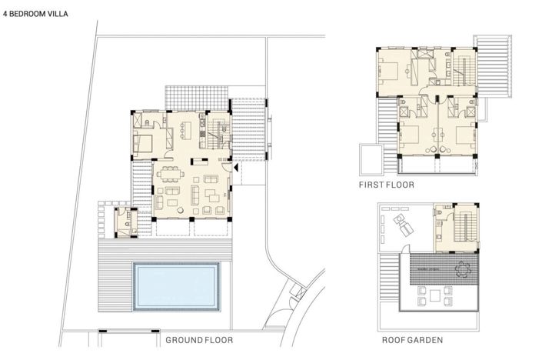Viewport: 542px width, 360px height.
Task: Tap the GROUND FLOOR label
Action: coord(198,339)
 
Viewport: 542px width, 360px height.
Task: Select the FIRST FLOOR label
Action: coord(386,185)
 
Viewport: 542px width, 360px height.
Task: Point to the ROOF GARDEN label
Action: coord(411,339)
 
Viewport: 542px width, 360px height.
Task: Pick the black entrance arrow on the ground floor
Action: coord(237,165)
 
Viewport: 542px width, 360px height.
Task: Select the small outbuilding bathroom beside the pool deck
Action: coord(125,221)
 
